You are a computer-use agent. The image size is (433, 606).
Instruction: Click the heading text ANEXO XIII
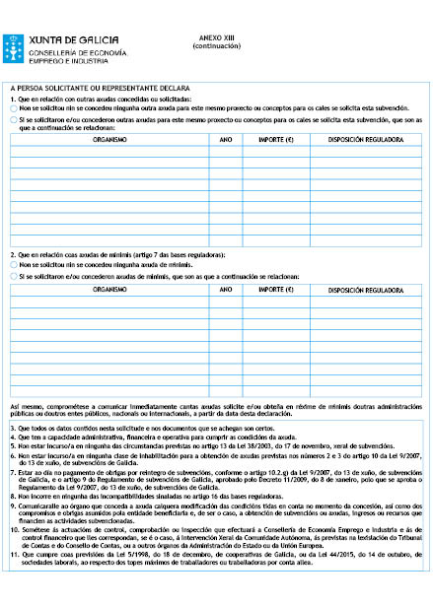216,37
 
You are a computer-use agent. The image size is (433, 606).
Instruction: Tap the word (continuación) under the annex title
216,46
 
